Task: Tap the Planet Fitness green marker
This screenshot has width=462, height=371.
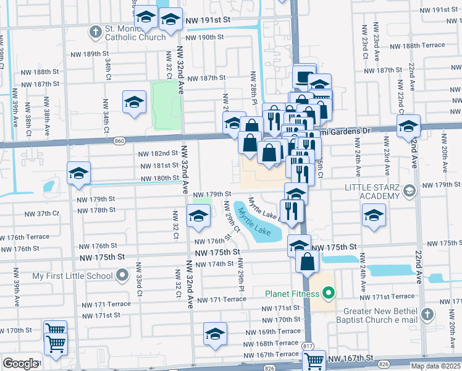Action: [329, 292]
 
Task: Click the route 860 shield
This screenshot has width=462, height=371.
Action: [120, 142]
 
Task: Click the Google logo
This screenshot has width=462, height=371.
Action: [20, 364]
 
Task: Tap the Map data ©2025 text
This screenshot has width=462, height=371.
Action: [435, 366]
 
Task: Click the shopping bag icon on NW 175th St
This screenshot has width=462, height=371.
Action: [308, 261]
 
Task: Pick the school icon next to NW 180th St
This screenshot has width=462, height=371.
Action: [78, 173]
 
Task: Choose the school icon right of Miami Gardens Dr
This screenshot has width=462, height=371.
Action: [408, 127]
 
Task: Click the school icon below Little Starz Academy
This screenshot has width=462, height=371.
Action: [374, 216]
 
